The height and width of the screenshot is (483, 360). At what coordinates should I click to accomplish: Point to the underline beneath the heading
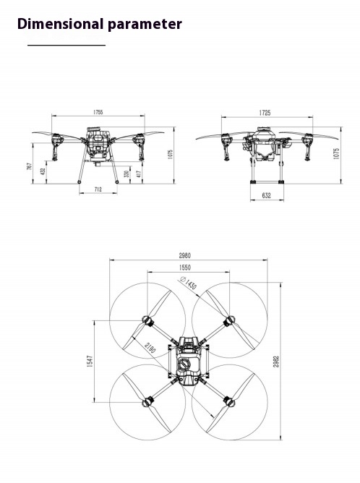pyautogui.click(x=67, y=46)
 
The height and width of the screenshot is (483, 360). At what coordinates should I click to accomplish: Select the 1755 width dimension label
pyautogui.click(x=98, y=112)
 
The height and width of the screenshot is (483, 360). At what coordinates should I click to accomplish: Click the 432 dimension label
pyautogui.click(x=43, y=172)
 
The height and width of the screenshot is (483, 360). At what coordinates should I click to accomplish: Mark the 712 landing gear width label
pyautogui.click(x=98, y=189)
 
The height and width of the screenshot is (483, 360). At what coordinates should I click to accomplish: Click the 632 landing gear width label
pyautogui.click(x=266, y=195)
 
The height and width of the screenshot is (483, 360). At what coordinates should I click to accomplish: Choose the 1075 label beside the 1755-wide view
pyautogui.click(x=170, y=155)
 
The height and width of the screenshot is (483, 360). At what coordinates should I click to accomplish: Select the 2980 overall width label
pyautogui.click(x=189, y=255)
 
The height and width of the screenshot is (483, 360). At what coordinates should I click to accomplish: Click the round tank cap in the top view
pyautogui.click(x=186, y=364)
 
